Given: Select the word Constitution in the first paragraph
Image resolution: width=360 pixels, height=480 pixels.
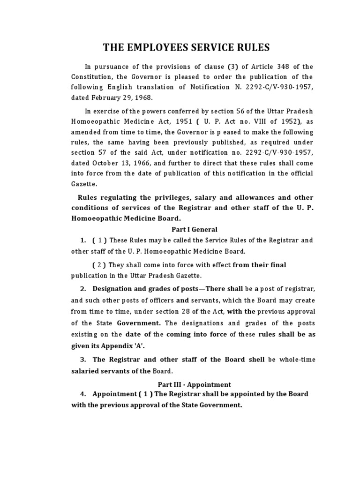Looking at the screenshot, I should [92, 77].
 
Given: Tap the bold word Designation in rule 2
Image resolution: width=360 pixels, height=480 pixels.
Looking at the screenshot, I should [112, 287].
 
